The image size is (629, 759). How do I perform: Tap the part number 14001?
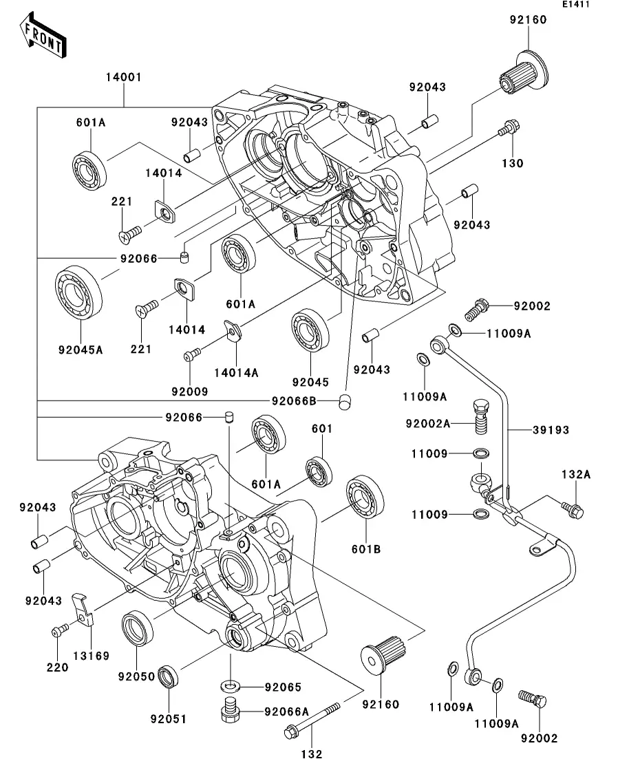click(x=123, y=78)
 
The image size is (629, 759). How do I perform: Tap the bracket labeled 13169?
click(x=83, y=610)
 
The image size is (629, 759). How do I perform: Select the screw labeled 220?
click(x=58, y=631)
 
